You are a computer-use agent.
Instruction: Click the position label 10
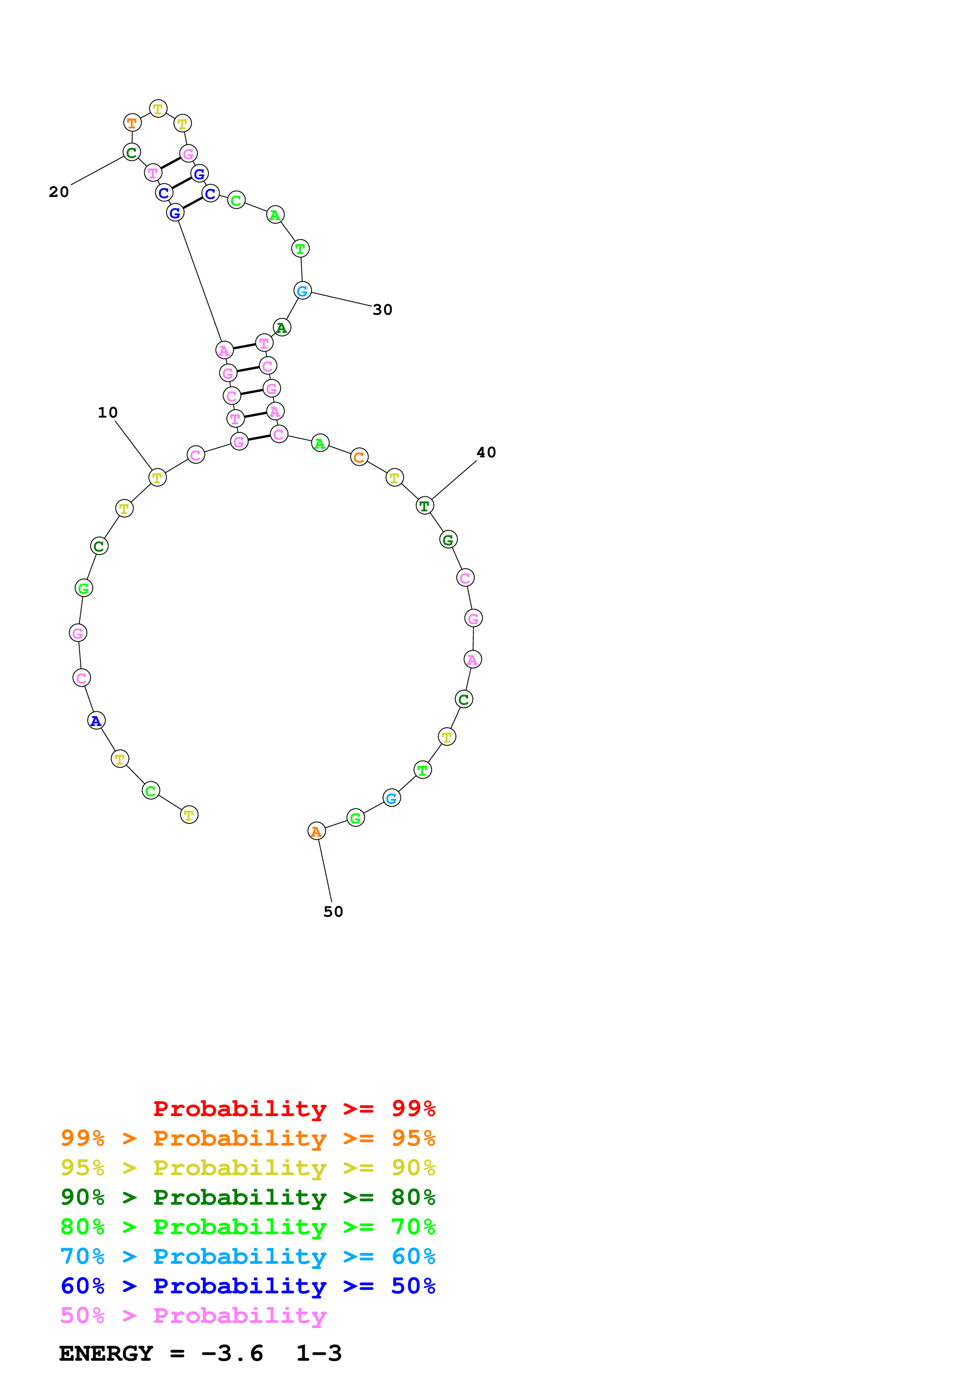pyautogui.click(x=108, y=412)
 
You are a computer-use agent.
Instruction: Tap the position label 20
pyautogui.click(x=59, y=191)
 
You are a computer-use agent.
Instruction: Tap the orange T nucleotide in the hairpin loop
pyautogui.click(x=132, y=123)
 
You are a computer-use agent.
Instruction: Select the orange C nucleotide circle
pyautogui.click(x=359, y=457)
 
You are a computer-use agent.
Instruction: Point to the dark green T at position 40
pyautogui.click(x=424, y=505)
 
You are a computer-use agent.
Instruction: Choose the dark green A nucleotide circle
pyautogui.click(x=282, y=327)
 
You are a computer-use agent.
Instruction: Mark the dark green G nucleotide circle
pyautogui.click(x=448, y=539)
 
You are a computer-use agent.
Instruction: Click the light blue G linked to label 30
pyautogui.click(x=302, y=291)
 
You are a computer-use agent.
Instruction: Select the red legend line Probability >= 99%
pyautogui.click(x=294, y=1108)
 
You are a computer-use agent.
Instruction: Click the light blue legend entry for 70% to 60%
pyautogui.click(x=248, y=1256)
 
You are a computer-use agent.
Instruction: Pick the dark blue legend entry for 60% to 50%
pyautogui.click(x=248, y=1286)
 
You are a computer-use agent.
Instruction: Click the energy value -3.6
pyautogui.click(x=232, y=1353)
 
